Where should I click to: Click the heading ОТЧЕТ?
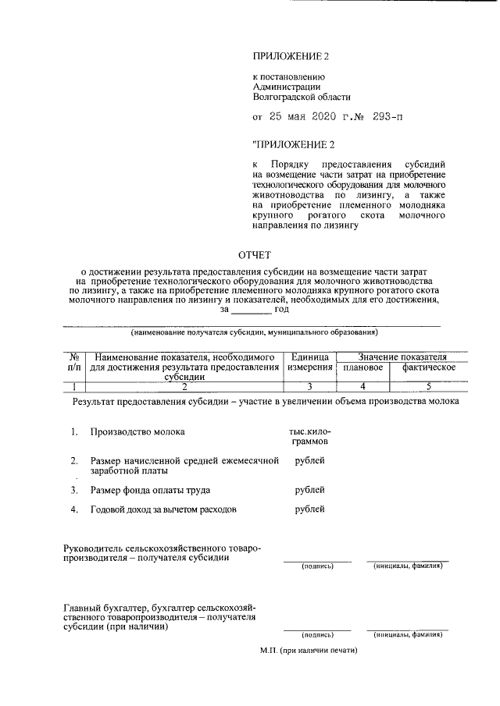(x=255, y=254)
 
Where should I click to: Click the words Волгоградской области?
(x=301, y=98)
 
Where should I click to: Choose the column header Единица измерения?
(x=309, y=361)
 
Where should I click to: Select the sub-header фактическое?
(x=429, y=367)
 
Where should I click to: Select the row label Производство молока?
(x=137, y=431)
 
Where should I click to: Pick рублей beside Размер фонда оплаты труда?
(x=310, y=490)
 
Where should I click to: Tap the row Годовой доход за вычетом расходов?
(x=163, y=509)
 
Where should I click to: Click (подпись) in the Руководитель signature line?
(x=317, y=566)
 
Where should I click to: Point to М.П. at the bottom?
(x=308, y=650)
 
